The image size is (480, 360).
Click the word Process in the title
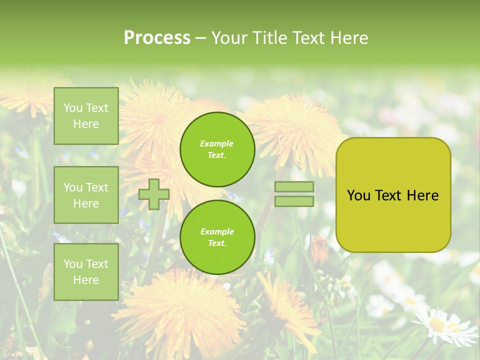(x=157, y=38)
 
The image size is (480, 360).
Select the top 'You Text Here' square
(x=86, y=116)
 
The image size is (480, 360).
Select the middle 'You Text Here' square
(x=86, y=195)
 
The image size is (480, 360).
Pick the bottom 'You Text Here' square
(x=86, y=271)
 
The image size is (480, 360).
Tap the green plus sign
(x=154, y=194)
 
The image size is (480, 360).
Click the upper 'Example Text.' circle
(x=217, y=149)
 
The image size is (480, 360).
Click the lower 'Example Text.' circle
(x=217, y=237)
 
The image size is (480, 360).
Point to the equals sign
(x=294, y=194)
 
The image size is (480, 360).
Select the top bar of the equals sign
(x=294, y=187)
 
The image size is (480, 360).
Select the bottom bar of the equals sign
(x=294, y=201)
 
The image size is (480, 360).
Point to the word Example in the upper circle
(x=217, y=143)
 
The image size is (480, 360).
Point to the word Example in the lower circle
(x=217, y=231)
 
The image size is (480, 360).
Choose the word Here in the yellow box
(x=423, y=195)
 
